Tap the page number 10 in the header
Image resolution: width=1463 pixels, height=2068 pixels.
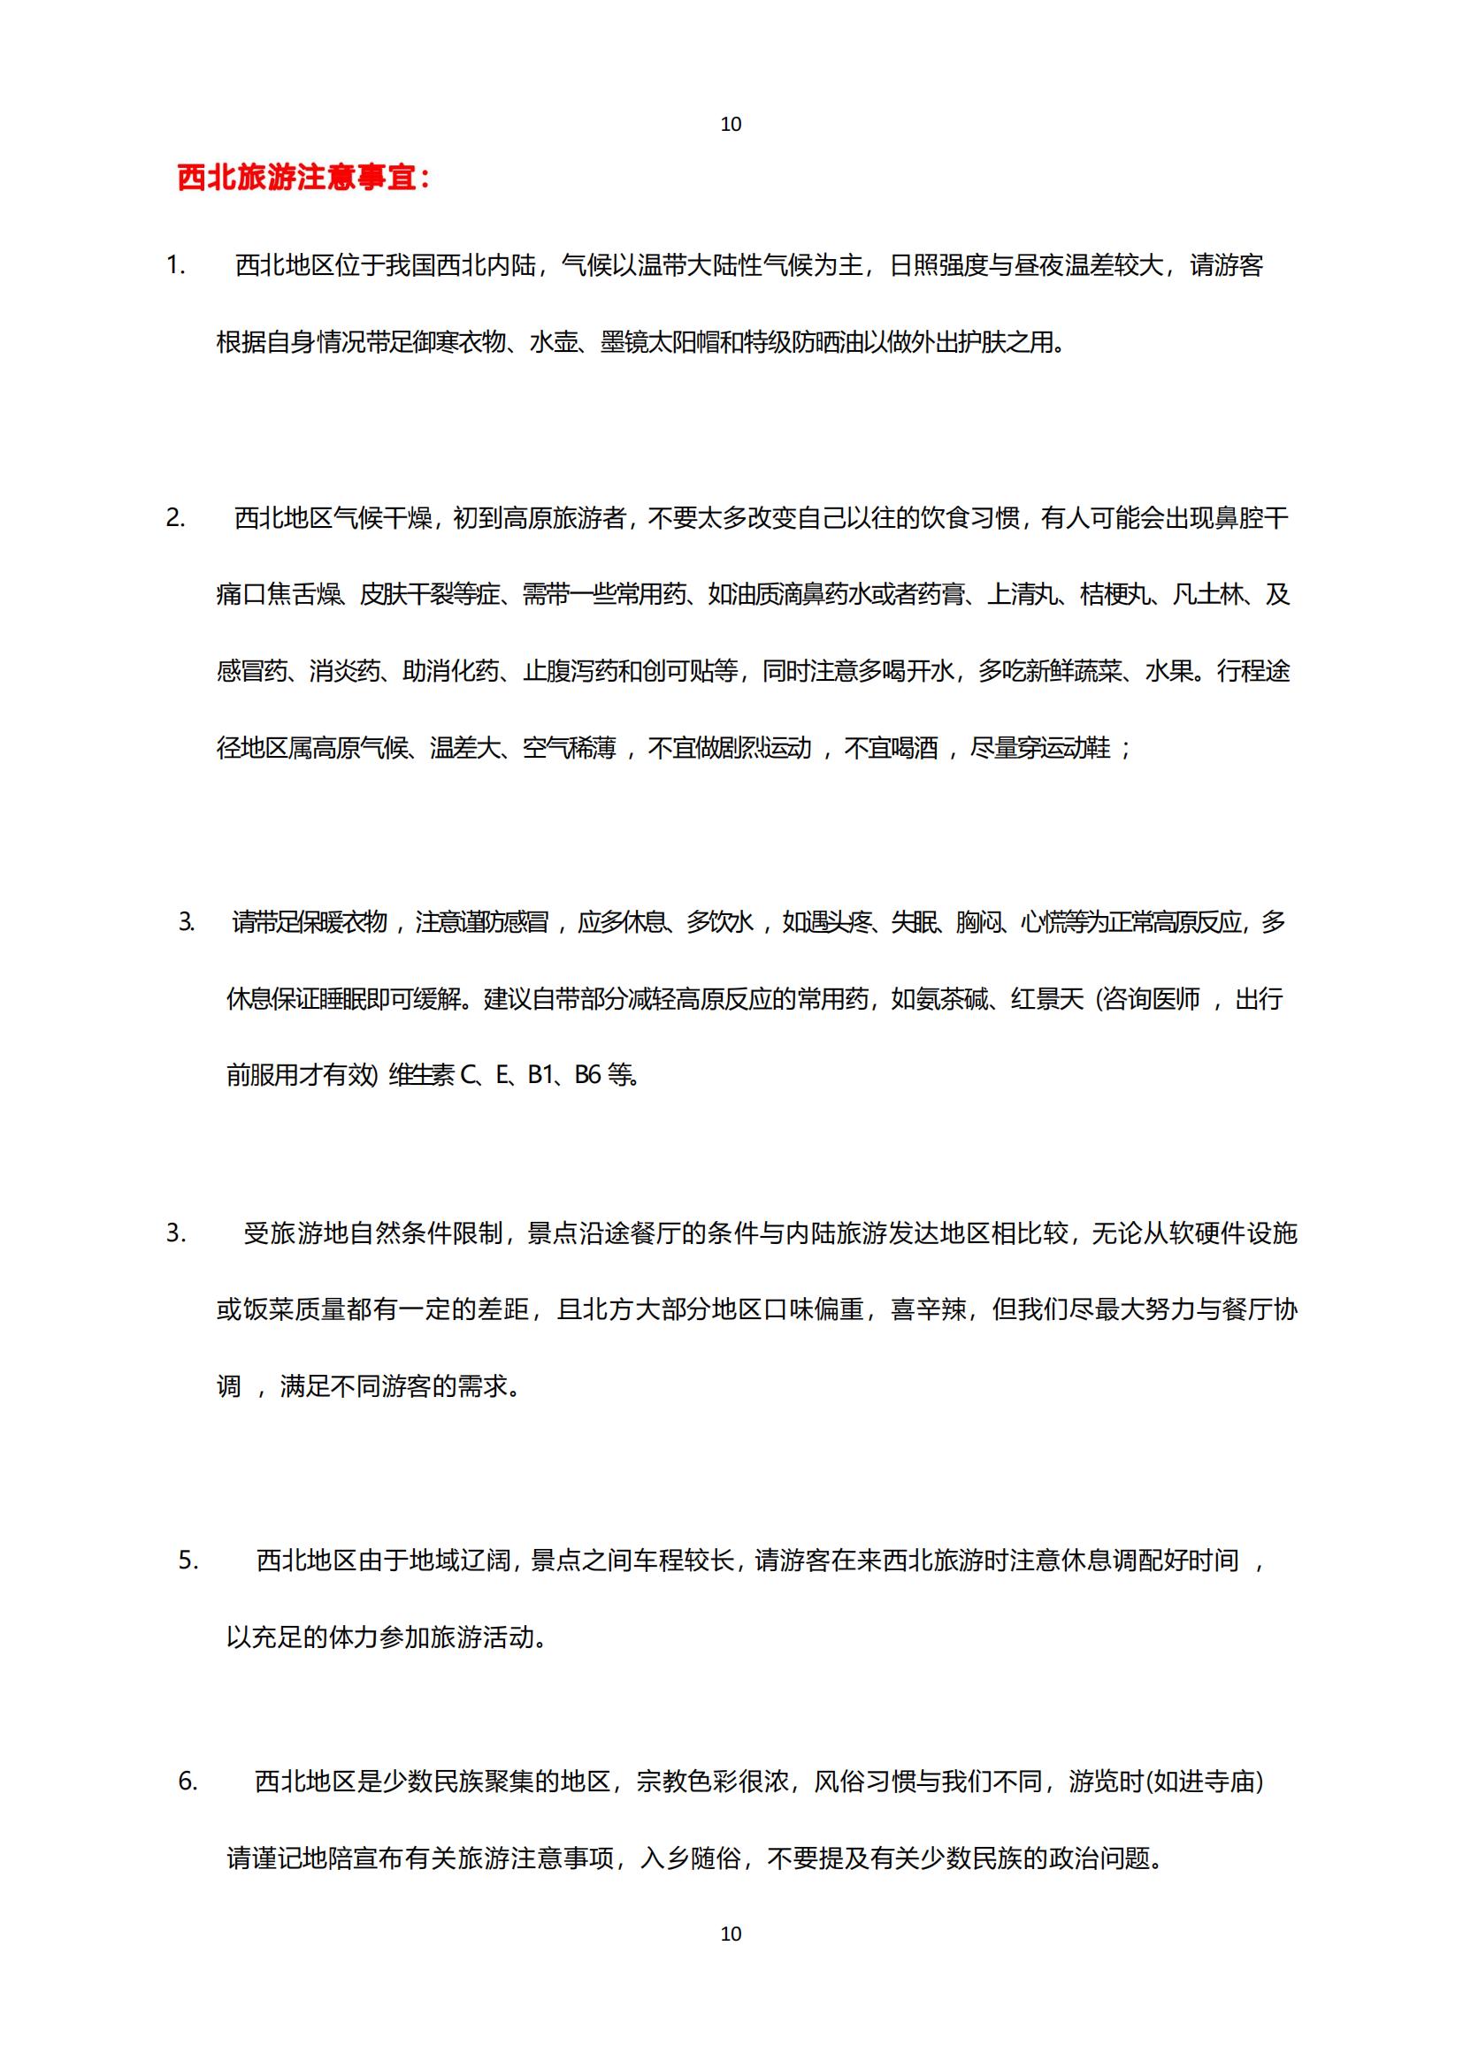pos(731,125)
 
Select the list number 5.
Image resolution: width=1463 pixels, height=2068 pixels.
pos(188,1560)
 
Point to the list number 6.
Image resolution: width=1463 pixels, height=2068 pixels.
pos(188,1781)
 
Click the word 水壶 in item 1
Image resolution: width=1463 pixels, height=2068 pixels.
pos(555,342)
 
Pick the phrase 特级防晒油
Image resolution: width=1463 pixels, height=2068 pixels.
pos(803,342)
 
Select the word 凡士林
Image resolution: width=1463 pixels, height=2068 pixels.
pos(1208,594)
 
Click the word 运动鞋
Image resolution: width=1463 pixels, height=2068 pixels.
pos(1076,748)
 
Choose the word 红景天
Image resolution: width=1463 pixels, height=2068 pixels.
pos(1046,999)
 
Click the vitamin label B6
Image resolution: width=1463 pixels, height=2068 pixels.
pos(587,1074)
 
